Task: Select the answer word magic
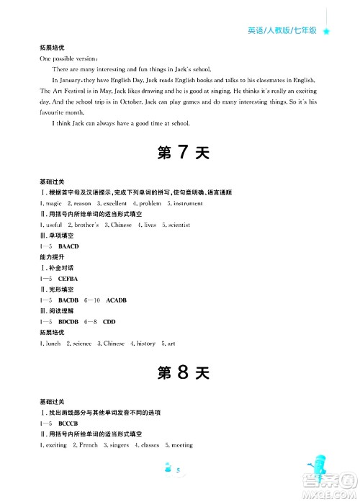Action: click(58, 204)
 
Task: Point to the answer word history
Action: click(145, 344)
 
